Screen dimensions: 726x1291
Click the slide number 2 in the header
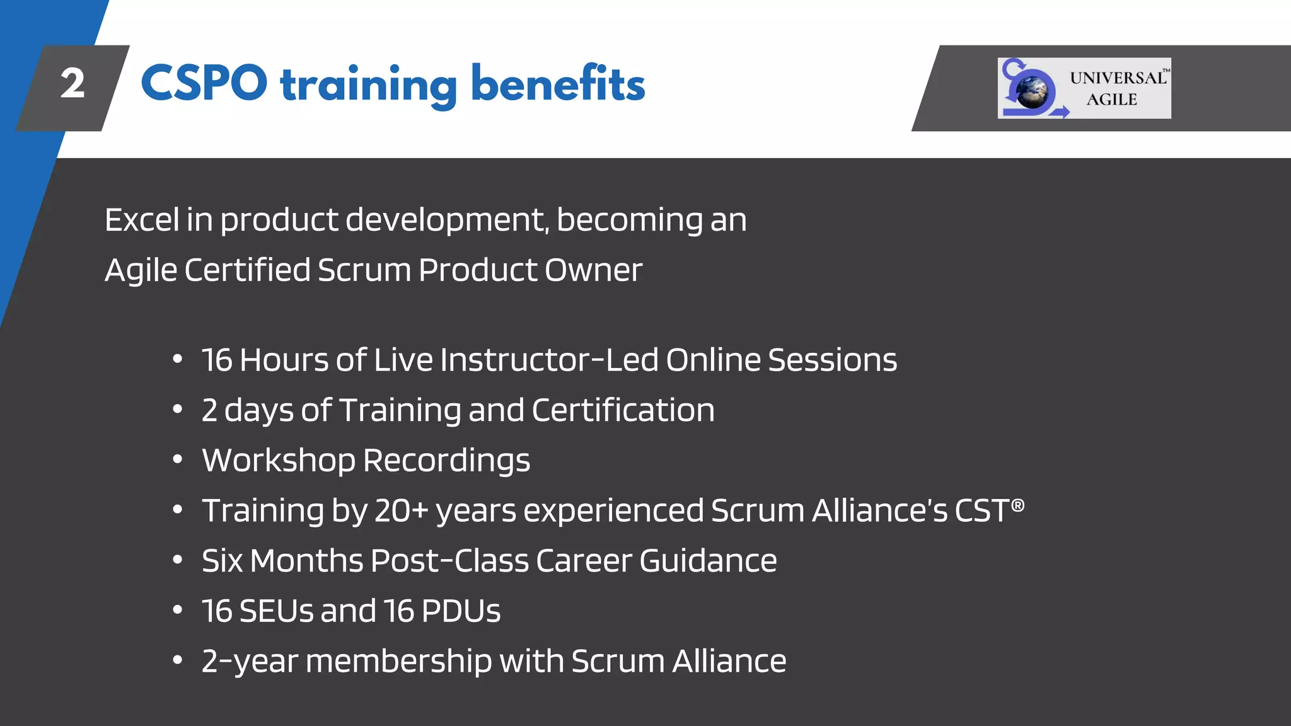click(72, 84)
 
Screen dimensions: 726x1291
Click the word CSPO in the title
click(204, 84)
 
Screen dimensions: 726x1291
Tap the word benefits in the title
click(558, 84)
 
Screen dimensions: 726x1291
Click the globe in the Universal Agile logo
click(1032, 92)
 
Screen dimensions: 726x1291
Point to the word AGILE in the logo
click(1111, 100)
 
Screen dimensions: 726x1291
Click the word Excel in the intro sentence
click(142, 220)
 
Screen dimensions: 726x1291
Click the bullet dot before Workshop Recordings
click(178, 459)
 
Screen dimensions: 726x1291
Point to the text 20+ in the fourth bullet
click(401, 510)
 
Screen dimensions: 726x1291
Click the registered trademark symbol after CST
click(1017, 505)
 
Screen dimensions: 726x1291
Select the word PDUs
click(460, 611)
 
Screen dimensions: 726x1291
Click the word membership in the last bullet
click(398, 662)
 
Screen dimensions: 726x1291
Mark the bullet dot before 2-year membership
click(178, 660)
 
